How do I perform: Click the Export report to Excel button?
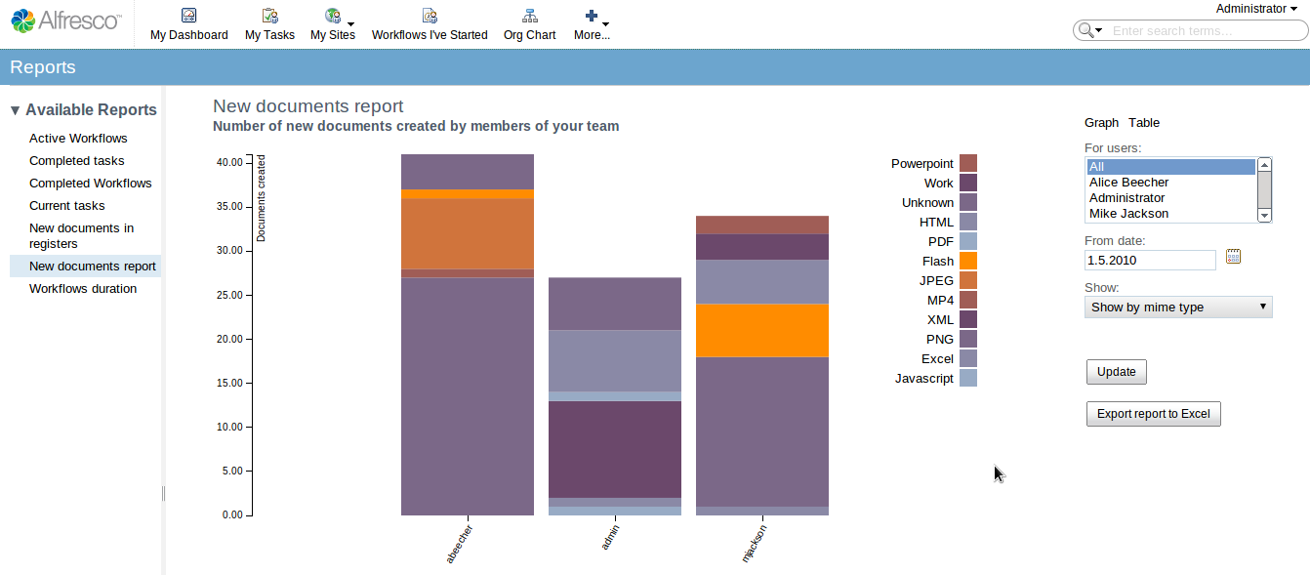[x=1153, y=414]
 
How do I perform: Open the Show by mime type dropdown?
[x=1178, y=308]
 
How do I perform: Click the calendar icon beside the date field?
[x=1233, y=257]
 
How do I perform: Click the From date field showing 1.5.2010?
[x=1150, y=260]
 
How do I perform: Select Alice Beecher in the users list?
[x=1128, y=183]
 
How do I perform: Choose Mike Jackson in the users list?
[x=1128, y=214]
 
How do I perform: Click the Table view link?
[x=1144, y=123]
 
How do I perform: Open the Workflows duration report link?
[x=83, y=289]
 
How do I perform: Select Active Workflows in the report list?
[x=78, y=139]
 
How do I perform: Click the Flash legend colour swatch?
[x=968, y=261]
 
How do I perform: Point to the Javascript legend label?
[x=923, y=379]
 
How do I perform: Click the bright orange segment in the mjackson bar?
[x=761, y=330]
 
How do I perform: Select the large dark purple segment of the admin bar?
[x=614, y=449]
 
